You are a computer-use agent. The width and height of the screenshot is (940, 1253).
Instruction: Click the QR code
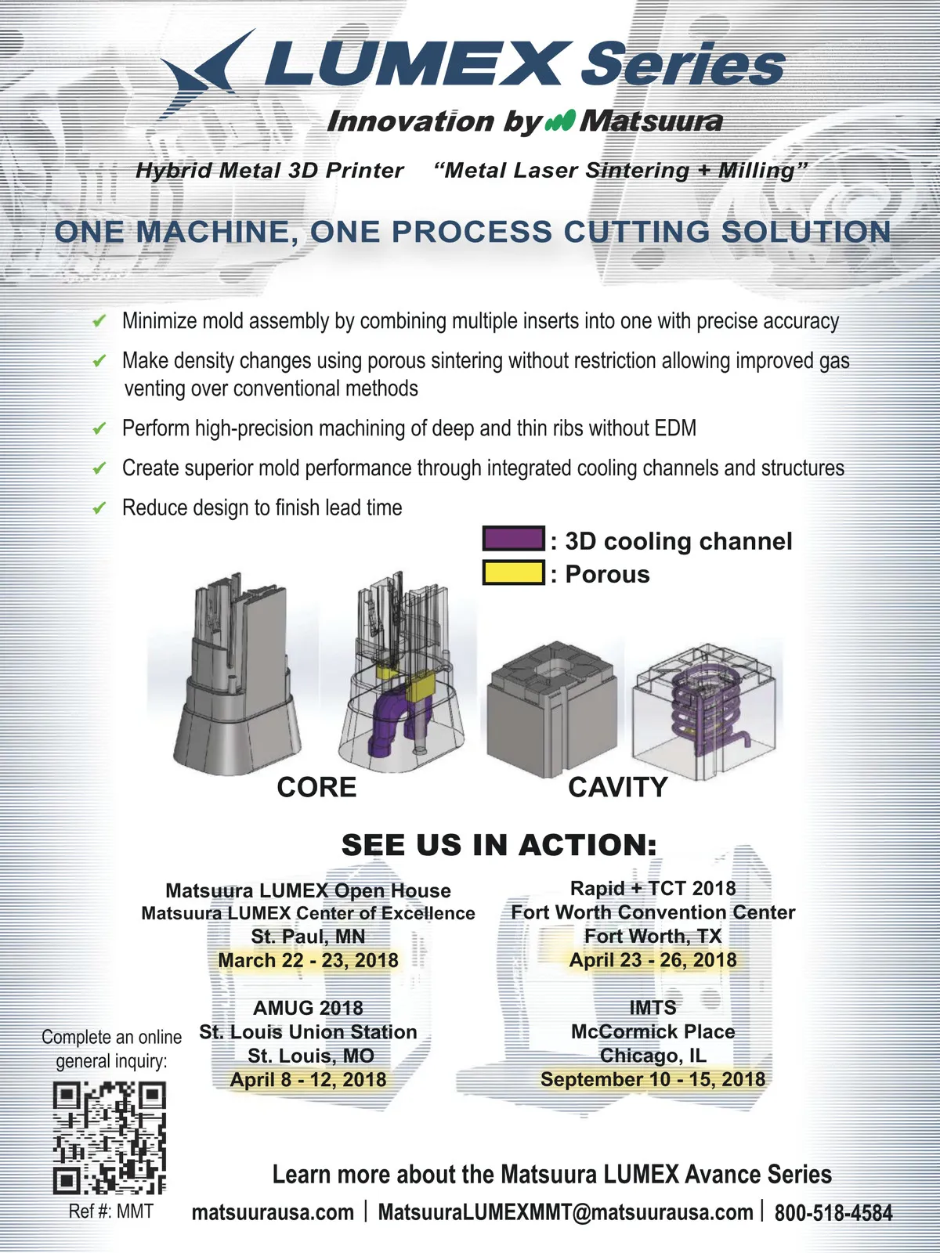tap(110, 1138)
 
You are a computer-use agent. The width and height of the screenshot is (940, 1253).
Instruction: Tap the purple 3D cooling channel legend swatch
tap(513, 538)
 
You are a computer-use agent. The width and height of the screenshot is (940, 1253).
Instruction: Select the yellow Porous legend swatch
tap(513, 572)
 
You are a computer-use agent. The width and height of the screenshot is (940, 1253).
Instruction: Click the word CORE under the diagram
tap(316, 787)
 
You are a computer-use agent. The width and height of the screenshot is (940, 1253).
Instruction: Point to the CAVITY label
tap(617, 787)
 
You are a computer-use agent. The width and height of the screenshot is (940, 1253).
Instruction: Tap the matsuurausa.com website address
tap(273, 1212)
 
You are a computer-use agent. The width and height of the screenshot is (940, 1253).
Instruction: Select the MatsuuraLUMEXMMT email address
tap(566, 1212)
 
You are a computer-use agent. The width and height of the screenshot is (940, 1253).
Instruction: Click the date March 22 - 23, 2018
tap(308, 960)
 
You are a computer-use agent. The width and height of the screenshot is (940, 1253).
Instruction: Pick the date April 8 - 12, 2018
tap(308, 1079)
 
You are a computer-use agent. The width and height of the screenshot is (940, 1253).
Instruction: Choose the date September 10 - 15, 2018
tap(653, 1079)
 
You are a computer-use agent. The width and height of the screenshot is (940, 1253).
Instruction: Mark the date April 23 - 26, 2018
tap(653, 959)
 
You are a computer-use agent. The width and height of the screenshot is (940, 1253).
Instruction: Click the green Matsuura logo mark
tap(560, 121)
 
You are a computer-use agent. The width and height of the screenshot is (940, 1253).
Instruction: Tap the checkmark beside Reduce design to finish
tap(99, 507)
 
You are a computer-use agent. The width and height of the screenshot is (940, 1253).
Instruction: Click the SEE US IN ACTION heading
tap(499, 845)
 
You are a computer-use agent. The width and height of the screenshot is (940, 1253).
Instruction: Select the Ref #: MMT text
tap(110, 1211)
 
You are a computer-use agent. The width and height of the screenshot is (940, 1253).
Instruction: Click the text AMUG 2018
tap(308, 1008)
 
